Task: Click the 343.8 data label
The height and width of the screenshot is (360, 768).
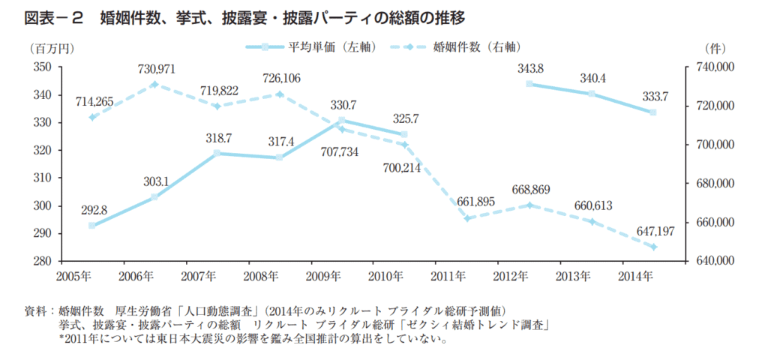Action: click(530, 69)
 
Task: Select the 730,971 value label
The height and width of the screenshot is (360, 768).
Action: click(157, 69)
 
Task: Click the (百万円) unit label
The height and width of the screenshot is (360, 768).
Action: click(52, 48)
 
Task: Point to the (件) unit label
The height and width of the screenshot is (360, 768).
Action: click(714, 48)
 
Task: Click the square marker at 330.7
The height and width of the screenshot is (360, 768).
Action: click(341, 121)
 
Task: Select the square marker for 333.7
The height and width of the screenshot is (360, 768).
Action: click(652, 112)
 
